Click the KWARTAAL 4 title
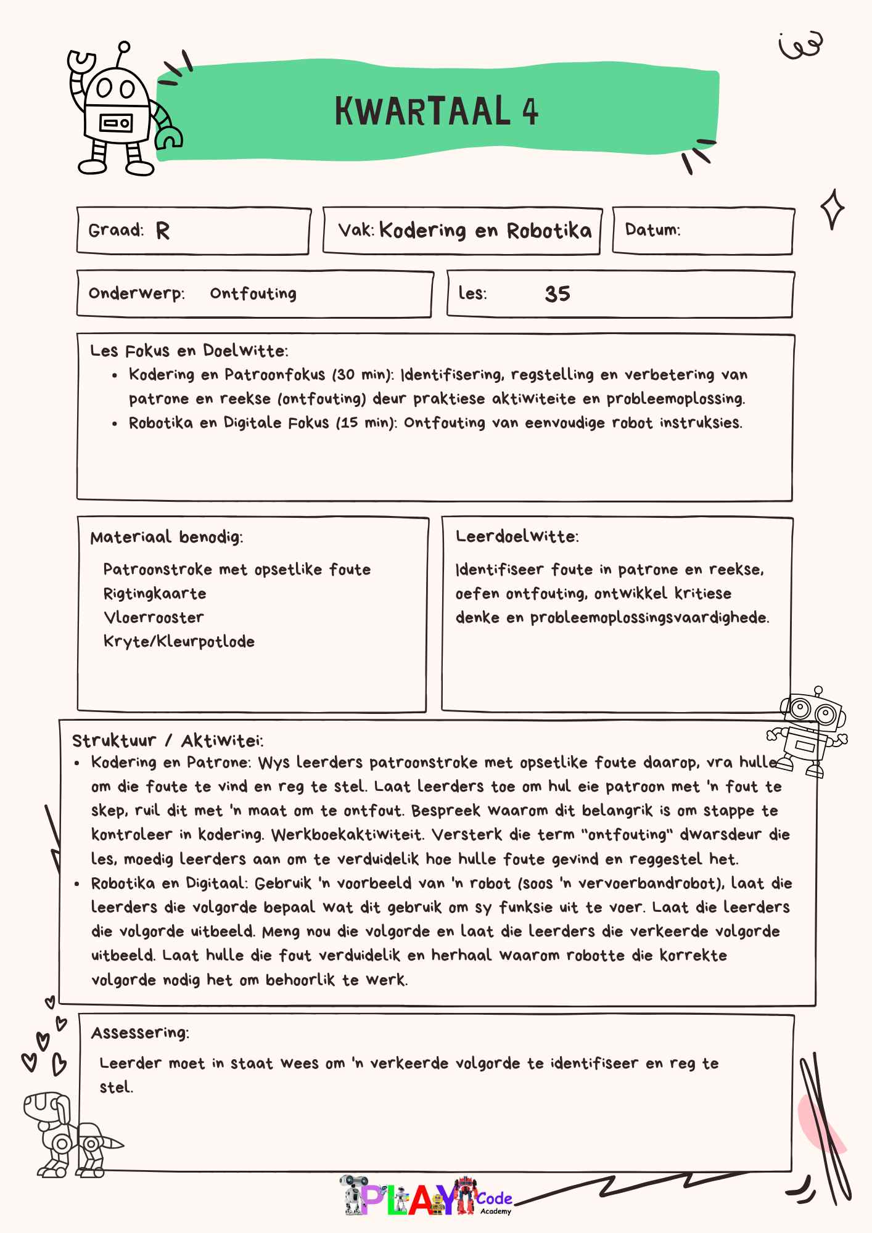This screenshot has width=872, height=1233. coord(436,112)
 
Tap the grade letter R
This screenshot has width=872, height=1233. coord(162,231)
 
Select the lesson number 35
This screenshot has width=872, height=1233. coord(557,294)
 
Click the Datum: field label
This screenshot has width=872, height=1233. coord(652,230)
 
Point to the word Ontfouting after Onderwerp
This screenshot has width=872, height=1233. coord(253,293)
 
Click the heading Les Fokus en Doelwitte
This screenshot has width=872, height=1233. coord(189,351)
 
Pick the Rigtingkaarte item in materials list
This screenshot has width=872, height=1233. coord(155,594)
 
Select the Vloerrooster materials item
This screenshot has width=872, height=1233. coord(154,618)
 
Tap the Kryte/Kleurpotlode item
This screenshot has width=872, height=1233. coord(179,642)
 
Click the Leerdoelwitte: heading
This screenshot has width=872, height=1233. coord(517,537)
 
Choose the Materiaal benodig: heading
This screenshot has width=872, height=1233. coord(167,538)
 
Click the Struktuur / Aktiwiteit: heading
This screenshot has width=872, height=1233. coord(168,740)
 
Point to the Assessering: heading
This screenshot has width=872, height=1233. coord(140,1033)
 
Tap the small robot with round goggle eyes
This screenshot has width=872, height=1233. coord(808,731)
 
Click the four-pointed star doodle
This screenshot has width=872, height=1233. coord(832,210)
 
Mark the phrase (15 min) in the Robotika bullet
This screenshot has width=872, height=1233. coord(366,423)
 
